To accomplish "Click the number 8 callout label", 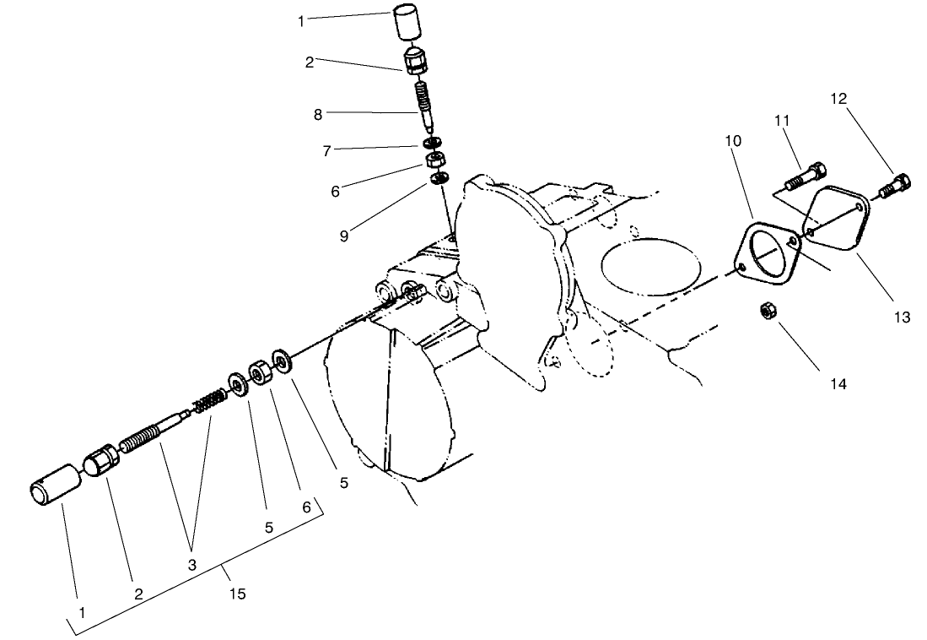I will (318, 115).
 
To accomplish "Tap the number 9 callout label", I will (344, 236).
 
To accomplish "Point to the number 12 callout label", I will (838, 98).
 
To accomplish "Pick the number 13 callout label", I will (902, 317).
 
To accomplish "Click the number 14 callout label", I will (837, 383).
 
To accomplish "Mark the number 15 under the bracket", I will (238, 594).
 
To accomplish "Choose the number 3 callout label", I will (191, 565).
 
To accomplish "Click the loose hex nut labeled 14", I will (768, 311).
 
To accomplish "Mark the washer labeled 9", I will (439, 178).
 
